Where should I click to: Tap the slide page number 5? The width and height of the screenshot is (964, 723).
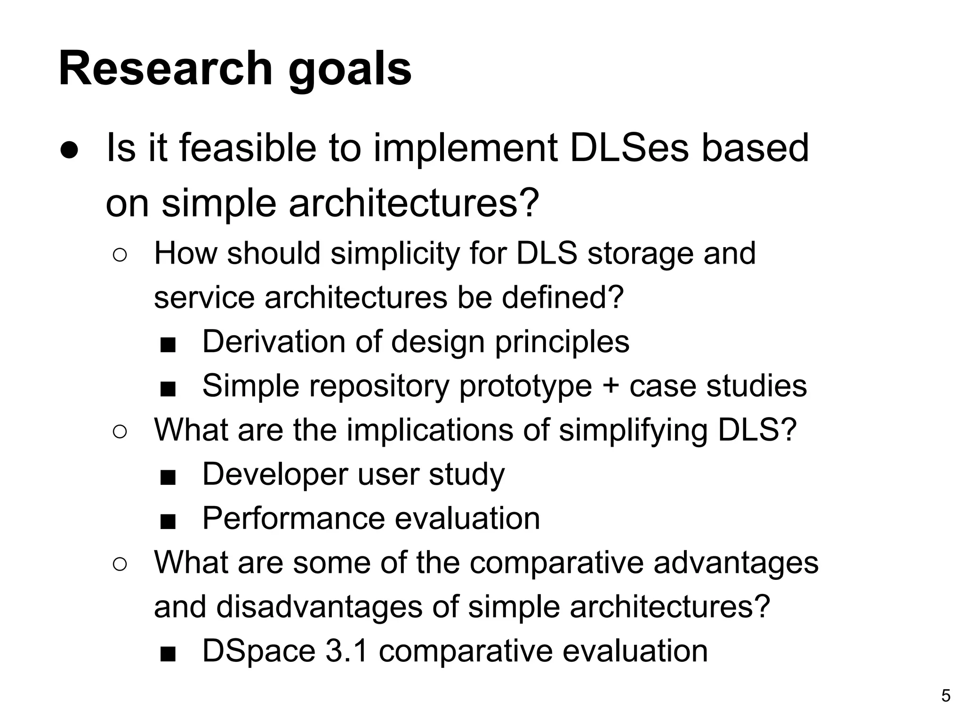[946, 696]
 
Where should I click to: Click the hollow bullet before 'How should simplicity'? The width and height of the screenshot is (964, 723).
[120, 256]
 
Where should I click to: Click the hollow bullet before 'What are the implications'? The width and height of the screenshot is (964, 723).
[120, 432]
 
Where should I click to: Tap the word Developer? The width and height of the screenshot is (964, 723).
[275, 474]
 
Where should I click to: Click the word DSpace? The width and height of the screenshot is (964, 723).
[258, 652]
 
